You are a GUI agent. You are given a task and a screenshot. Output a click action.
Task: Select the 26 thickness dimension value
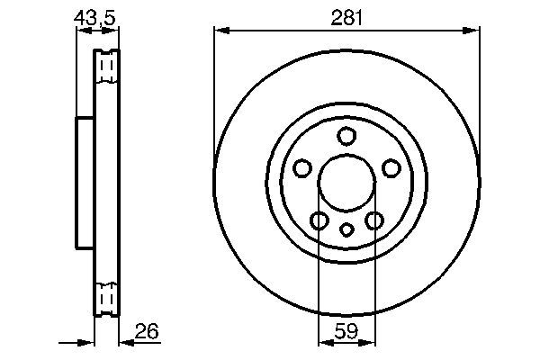[x=146, y=331]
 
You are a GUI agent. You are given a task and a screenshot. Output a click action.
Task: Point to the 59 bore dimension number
[x=346, y=331]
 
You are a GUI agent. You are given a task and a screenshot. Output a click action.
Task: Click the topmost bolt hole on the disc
[x=346, y=137]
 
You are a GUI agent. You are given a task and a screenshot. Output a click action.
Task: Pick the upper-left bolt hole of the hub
[x=302, y=168]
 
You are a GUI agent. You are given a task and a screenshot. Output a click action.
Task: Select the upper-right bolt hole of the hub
[x=391, y=168]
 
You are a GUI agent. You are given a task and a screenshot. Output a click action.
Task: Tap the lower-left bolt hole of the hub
[x=319, y=220]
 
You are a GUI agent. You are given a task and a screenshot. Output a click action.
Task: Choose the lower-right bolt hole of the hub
[x=374, y=220]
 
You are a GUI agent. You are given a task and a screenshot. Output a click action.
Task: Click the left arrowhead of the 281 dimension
[x=219, y=30]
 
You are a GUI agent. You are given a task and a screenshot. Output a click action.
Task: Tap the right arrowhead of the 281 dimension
[x=474, y=30]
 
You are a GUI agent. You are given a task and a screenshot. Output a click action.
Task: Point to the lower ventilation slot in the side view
[x=107, y=297]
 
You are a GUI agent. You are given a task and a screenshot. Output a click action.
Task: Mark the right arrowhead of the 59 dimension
[x=369, y=342]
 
